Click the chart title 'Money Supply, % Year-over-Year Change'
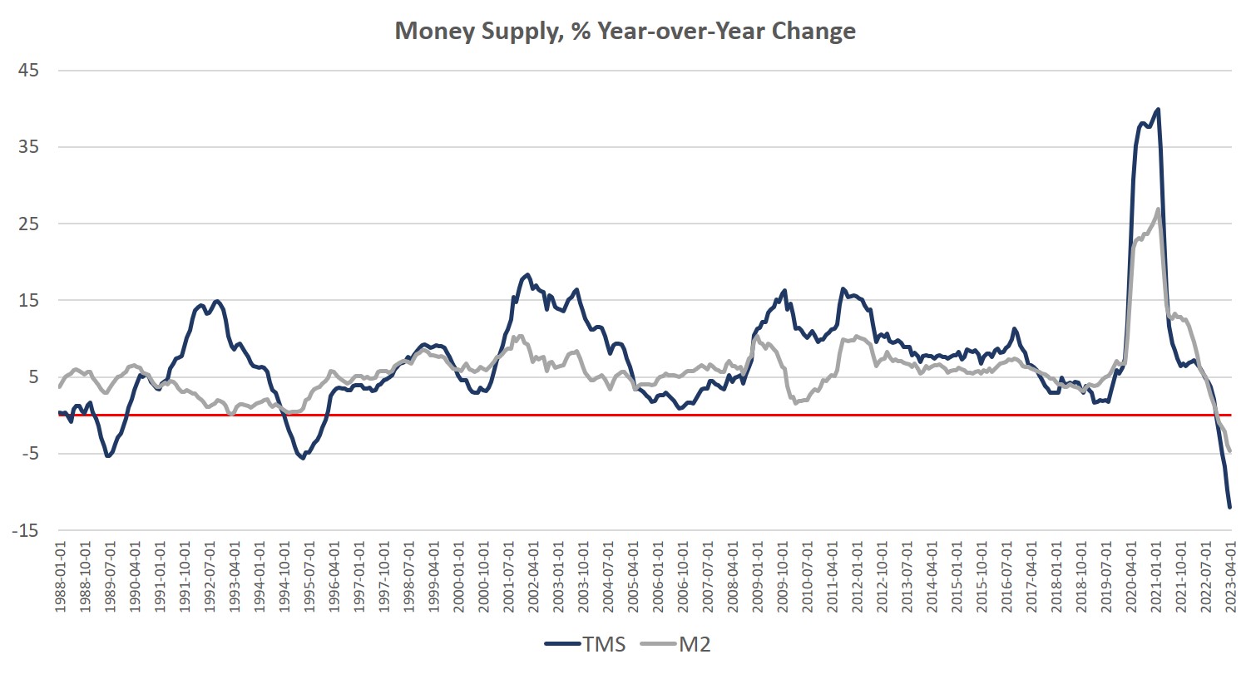pos(625,32)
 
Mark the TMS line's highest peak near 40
pos(1158,109)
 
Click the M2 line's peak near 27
pos(1158,209)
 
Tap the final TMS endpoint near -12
pos(1229,506)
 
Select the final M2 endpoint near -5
pos(1229,451)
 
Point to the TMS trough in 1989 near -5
pos(108,455)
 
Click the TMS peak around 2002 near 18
pos(527,274)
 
